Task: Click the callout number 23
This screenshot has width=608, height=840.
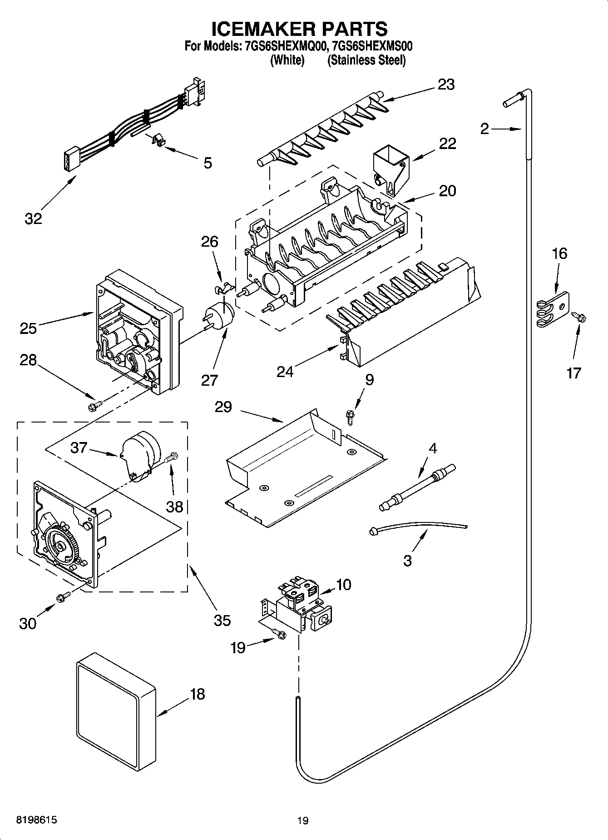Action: click(x=446, y=85)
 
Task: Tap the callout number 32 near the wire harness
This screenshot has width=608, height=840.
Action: click(x=33, y=219)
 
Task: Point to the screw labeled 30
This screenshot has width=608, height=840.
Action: click(x=63, y=597)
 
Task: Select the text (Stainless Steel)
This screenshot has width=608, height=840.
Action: click(x=366, y=60)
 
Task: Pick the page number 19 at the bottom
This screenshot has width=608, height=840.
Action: click(x=303, y=820)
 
